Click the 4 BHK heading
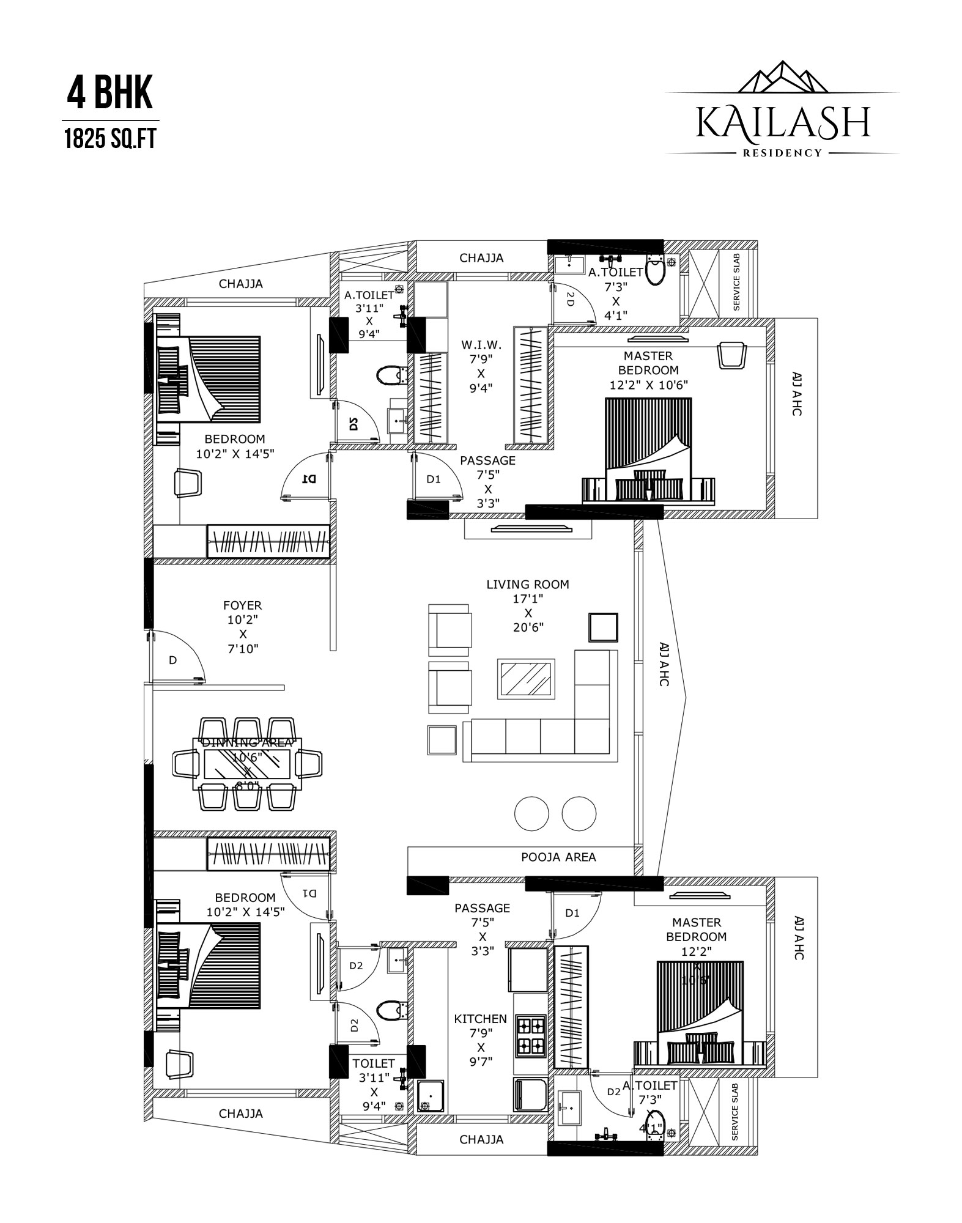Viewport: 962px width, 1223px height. pos(109,94)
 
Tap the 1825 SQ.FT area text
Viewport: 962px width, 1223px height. pos(110,139)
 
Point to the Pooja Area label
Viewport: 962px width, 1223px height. pos(558,857)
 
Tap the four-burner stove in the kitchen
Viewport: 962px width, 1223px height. pos(530,1036)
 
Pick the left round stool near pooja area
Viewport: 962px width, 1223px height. pos(531,813)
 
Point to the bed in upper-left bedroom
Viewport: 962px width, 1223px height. pos(223,379)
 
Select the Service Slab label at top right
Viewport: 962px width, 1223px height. pos(736,282)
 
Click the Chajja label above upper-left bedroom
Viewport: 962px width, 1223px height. pos(241,284)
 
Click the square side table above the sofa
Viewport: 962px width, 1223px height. pos(603,627)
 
